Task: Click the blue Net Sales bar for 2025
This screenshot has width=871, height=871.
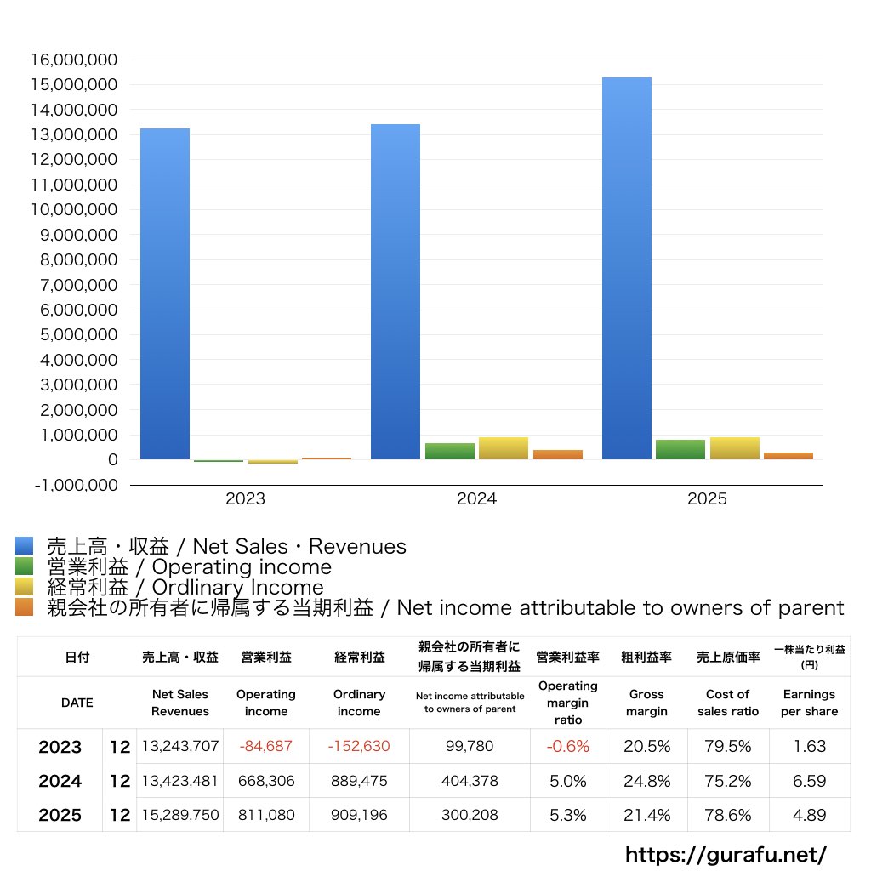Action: click(627, 268)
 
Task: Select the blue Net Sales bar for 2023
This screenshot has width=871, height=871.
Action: click(165, 293)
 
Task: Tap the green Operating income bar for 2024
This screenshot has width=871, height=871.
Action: click(450, 451)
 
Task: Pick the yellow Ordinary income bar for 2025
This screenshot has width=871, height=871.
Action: click(735, 448)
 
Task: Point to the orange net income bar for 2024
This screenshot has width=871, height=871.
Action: click(558, 454)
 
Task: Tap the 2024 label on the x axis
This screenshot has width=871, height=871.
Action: click(476, 499)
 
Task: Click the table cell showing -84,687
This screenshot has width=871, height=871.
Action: click(266, 747)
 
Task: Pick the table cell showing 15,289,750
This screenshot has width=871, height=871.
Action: click(180, 815)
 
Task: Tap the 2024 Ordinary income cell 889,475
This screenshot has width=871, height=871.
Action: click(359, 781)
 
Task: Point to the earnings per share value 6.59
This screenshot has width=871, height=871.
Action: click(809, 781)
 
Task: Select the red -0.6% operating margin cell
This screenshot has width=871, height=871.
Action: click(567, 747)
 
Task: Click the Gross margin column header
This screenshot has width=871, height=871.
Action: click(646, 703)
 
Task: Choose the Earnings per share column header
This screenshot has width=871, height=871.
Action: click(809, 703)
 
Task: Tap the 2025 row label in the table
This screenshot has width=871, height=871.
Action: click(60, 815)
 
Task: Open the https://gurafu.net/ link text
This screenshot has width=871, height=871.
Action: click(726, 854)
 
